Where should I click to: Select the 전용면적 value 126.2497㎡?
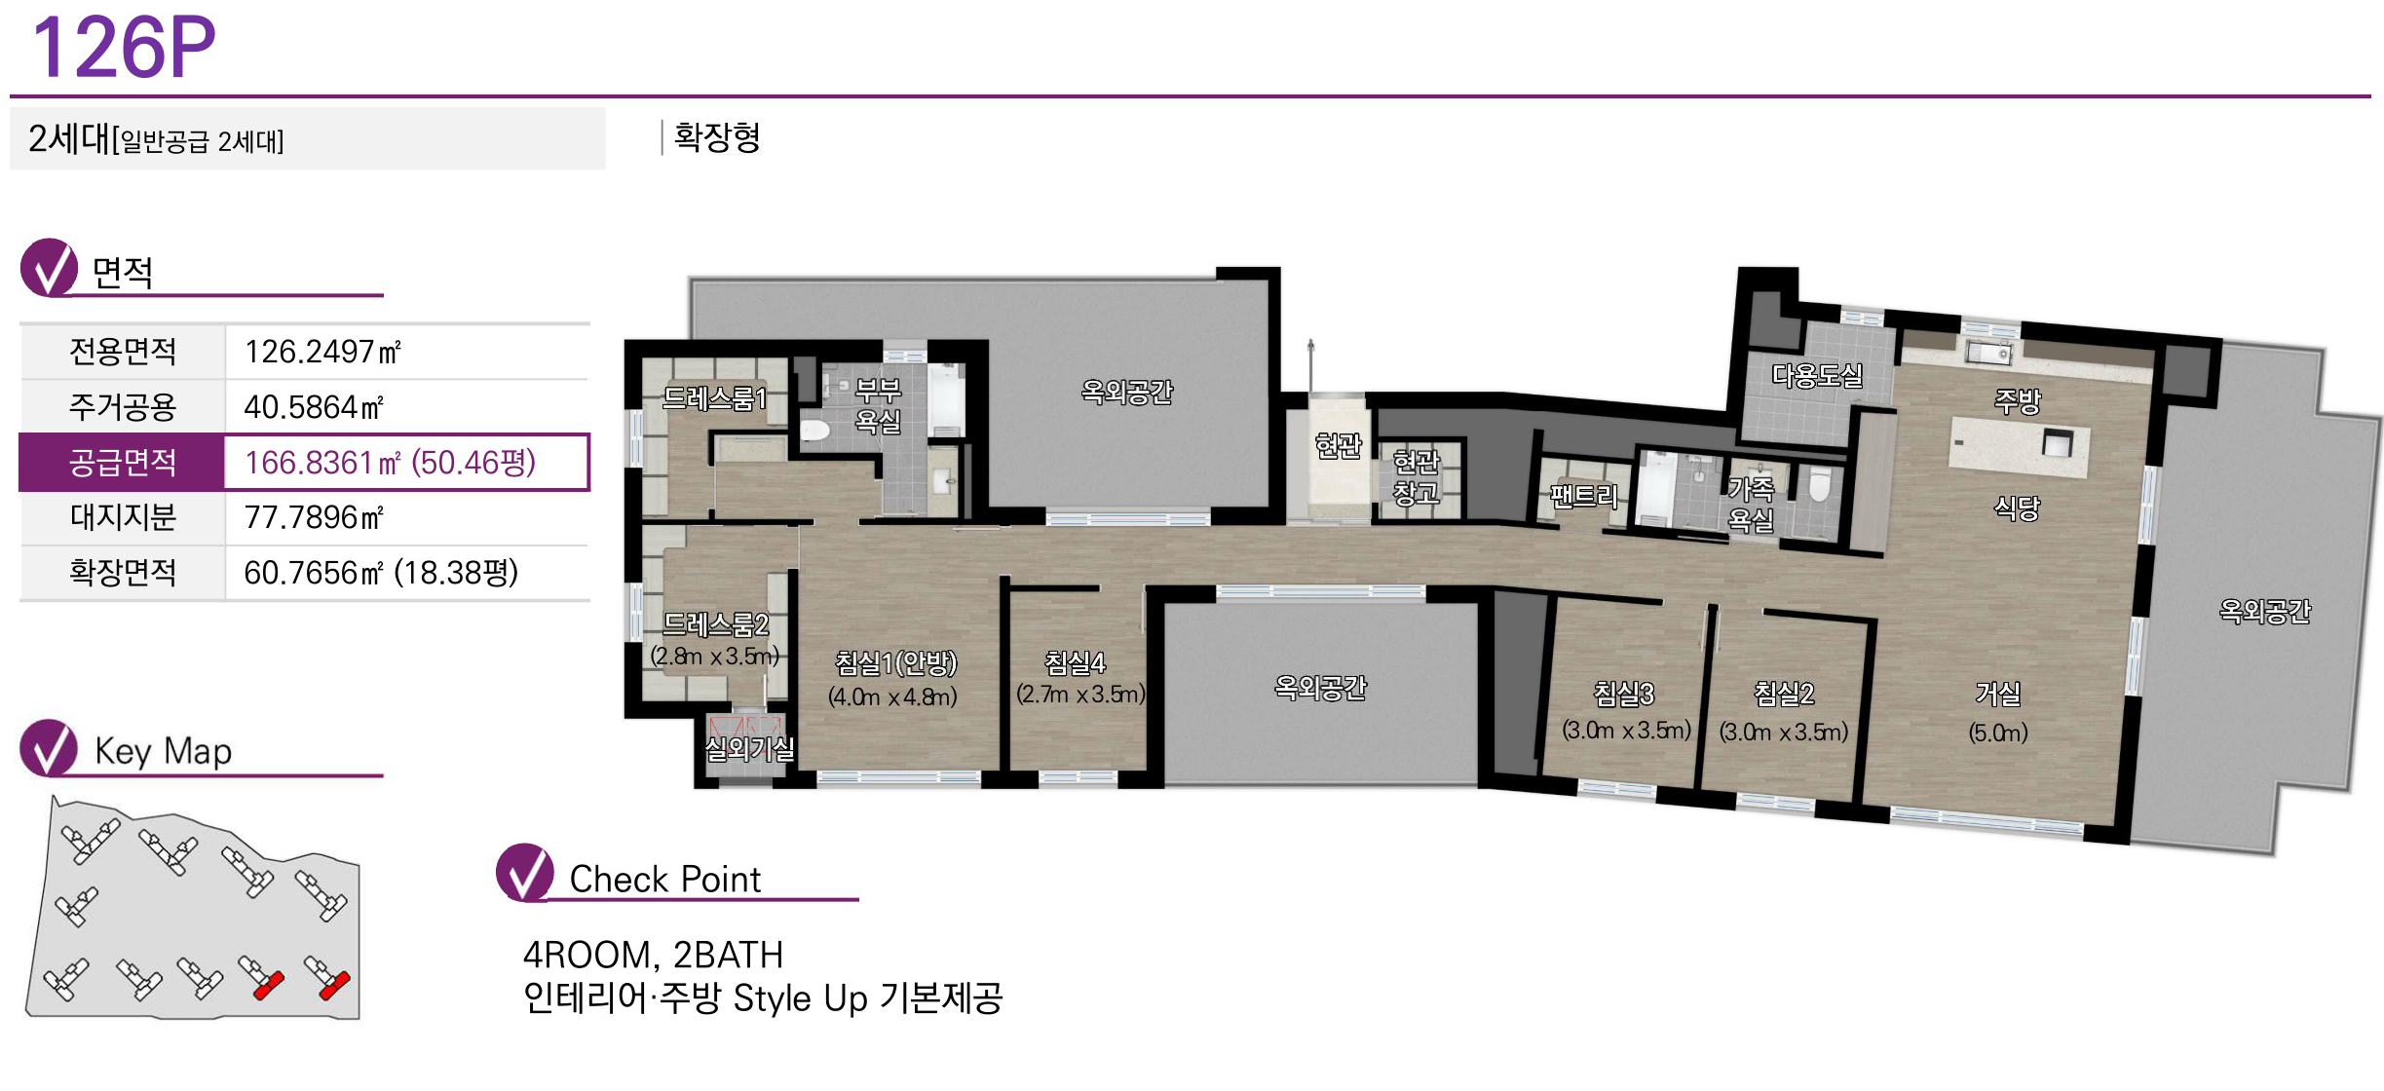click(x=322, y=352)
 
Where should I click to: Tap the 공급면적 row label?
click(x=123, y=462)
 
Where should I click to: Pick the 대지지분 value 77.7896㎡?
click(x=314, y=517)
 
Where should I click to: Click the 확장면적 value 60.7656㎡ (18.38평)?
click(x=381, y=573)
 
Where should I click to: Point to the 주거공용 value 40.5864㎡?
click(x=314, y=407)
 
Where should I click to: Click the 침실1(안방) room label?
click(x=896, y=663)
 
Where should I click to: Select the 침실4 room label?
click(x=1076, y=663)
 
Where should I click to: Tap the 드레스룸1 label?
click(x=714, y=398)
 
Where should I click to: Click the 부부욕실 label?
click(x=878, y=406)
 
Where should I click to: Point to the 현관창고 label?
click(x=1416, y=476)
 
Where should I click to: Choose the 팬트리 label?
click(x=1584, y=497)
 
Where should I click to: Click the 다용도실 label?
click(x=1817, y=375)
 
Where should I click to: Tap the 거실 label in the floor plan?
click(x=1998, y=694)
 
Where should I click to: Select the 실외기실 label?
click(x=749, y=749)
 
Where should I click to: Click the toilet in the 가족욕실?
click(x=1819, y=484)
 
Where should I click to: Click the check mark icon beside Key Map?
click(x=49, y=747)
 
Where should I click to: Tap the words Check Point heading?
click(x=664, y=880)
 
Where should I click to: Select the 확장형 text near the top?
click(x=717, y=136)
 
